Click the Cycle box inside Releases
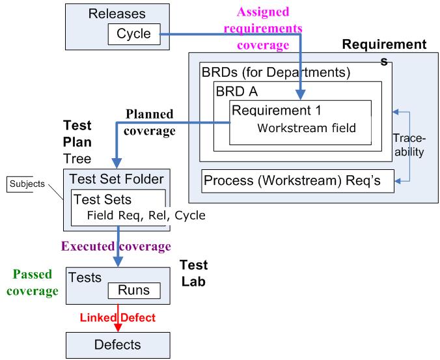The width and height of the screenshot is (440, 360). [133, 34]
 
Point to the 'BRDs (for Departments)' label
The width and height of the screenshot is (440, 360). [276, 72]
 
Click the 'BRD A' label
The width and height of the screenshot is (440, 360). [238, 91]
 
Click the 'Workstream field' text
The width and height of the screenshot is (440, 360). [307, 128]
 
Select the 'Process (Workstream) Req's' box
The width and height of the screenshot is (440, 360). [298, 180]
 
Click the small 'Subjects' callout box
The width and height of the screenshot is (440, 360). [24, 184]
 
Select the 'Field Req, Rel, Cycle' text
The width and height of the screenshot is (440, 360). [146, 215]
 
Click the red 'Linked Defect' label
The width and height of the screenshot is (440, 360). [117, 317]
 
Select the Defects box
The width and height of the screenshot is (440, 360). [118, 342]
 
